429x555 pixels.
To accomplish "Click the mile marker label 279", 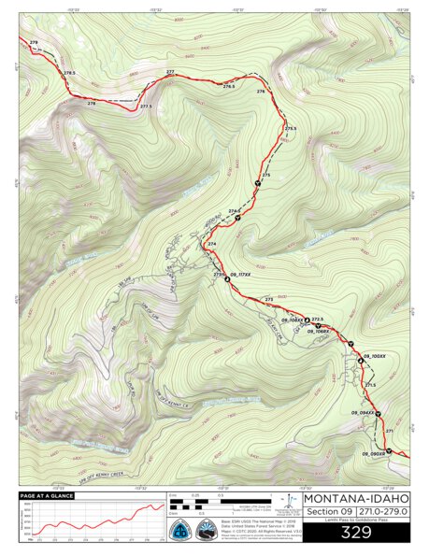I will pyautogui.click(x=35, y=43).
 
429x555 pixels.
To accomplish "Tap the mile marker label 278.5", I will pyautogui.click(x=69, y=73).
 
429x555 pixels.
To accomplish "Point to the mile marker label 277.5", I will pyautogui.click(x=146, y=107).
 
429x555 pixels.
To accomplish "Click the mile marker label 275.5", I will pyautogui.click(x=291, y=127).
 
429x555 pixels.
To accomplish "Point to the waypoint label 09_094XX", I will pyautogui.click(x=363, y=412).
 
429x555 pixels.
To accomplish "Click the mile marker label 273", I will pyautogui.click(x=269, y=298).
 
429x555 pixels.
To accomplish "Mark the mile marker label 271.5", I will pyautogui.click(x=370, y=385).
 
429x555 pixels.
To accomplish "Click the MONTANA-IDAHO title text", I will pyautogui.click(x=356, y=497).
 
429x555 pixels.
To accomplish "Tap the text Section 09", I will pyautogui.click(x=329, y=513).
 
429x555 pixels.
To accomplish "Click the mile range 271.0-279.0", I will pyautogui.click(x=382, y=513).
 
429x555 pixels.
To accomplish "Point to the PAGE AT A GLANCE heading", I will pyautogui.click(x=46, y=495).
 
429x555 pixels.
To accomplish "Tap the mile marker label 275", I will pyautogui.click(x=266, y=175).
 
